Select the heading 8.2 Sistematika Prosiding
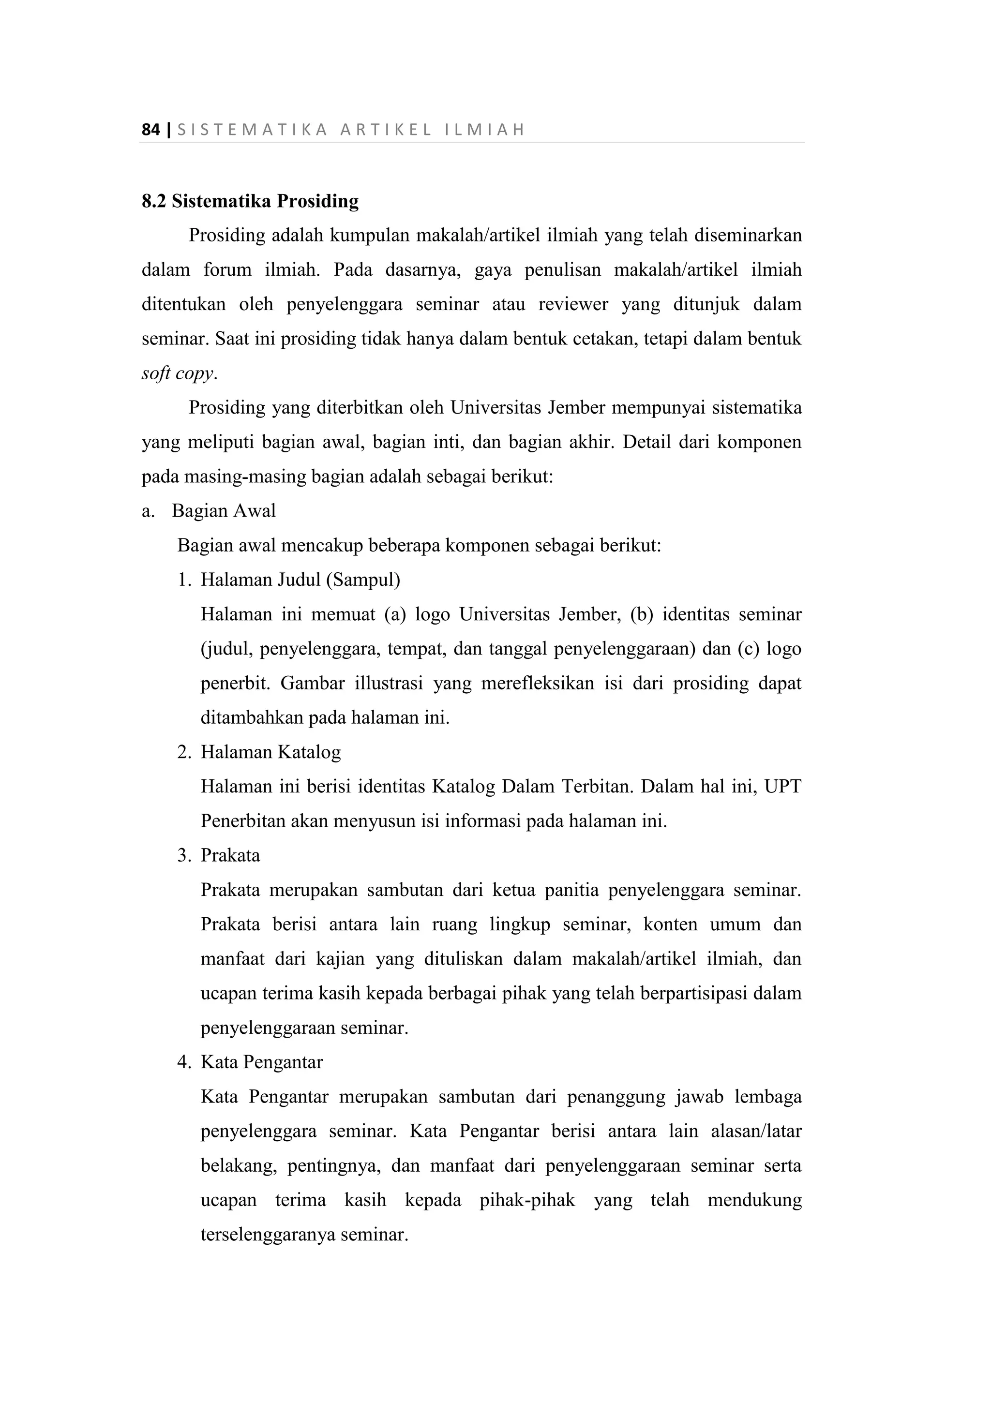coord(250,201)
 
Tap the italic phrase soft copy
coord(178,373)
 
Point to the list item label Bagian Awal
coord(224,511)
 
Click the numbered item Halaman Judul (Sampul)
coord(300,580)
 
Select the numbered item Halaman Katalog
coord(270,752)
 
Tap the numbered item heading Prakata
coord(230,855)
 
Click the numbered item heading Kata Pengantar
coord(262,1062)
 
